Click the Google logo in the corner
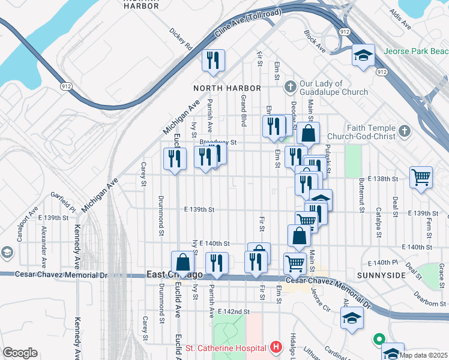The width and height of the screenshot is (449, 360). [x=20, y=353]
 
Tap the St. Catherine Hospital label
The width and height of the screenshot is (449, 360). [x=226, y=348]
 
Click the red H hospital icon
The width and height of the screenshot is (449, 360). [x=276, y=347]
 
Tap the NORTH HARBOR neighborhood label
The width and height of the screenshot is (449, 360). [x=223, y=88]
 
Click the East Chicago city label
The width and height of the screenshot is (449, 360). [x=175, y=274]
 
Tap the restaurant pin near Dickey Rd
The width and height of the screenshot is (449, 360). [x=213, y=60]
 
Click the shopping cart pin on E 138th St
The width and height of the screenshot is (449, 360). [x=421, y=177]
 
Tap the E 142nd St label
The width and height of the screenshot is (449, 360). [x=234, y=311]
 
